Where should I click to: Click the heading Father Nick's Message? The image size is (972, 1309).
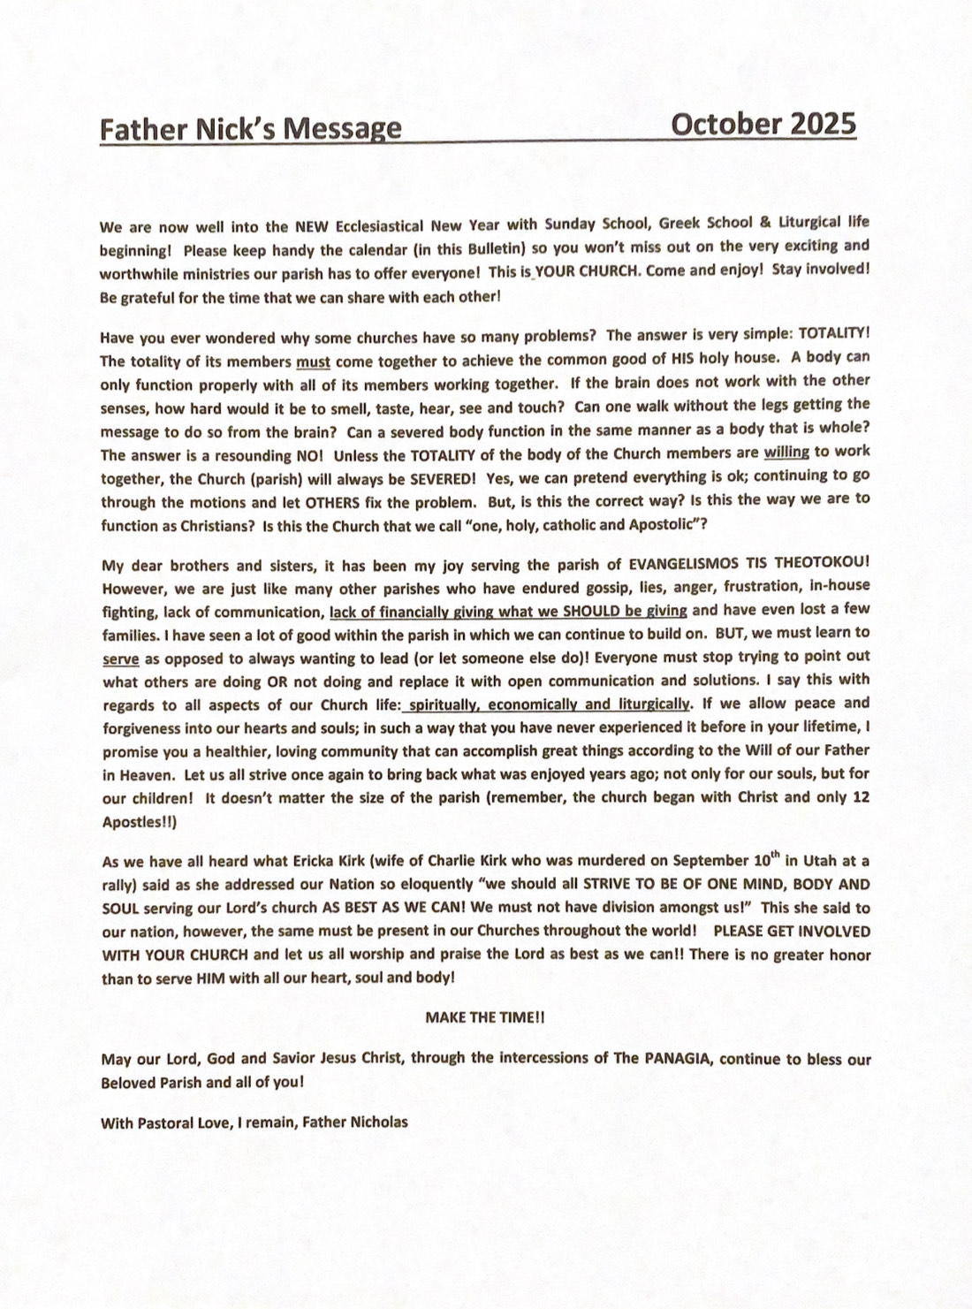pyautogui.click(x=250, y=129)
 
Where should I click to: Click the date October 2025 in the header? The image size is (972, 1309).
pyautogui.click(x=763, y=125)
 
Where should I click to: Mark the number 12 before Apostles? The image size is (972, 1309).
pyautogui.click(x=862, y=797)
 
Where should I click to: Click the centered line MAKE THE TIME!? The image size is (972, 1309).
pyautogui.click(x=485, y=1018)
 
